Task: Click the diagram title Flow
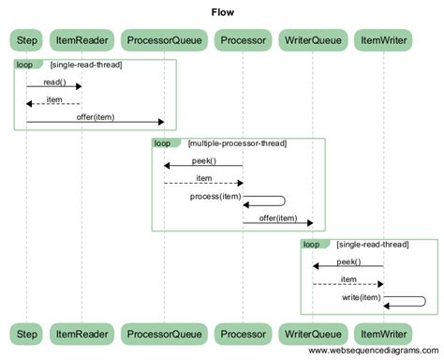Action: (x=222, y=13)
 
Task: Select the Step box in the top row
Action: (x=26, y=40)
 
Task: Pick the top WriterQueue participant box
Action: (x=312, y=40)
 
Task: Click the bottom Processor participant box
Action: (x=243, y=332)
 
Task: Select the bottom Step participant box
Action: (x=26, y=332)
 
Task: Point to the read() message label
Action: (x=54, y=82)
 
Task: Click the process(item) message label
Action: (x=215, y=196)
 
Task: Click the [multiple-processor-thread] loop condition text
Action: (x=237, y=143)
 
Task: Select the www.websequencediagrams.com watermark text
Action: (x=370, y=352)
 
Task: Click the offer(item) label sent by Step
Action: (x=95, y=117)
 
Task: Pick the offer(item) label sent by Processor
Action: (x=277, y=217)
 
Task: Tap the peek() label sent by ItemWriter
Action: (x=348, y=262)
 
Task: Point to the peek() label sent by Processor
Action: (x=204, y=161)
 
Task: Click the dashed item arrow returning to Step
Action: (x=53, y=103)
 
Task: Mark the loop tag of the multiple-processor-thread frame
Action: (x=163, y=143)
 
